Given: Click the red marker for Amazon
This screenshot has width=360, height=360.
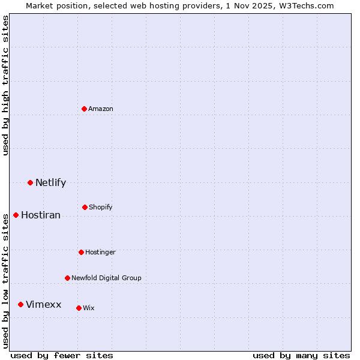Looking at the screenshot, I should click(x=85, y=109).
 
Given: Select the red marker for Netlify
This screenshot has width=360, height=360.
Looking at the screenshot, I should click(x=30, y=182).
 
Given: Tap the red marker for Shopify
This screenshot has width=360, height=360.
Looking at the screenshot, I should click(x=85, y=207).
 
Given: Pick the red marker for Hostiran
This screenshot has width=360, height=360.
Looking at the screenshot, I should click(x=16, y=215).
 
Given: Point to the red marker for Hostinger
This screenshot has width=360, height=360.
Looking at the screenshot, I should click(x=81, y=252).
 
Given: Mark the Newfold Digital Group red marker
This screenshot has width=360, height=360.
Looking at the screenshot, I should click(x=67, y=278).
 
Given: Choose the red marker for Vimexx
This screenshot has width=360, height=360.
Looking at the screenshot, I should click(x=20, y=304).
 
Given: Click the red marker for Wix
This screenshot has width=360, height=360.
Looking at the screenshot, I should click(x=79, y=308).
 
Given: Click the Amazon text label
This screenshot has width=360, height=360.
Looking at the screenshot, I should click(x=101, y=109).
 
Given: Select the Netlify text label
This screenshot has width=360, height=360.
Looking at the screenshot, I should click(x=50, y=183).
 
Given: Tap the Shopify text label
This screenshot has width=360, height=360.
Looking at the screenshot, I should click(x=101, y=208).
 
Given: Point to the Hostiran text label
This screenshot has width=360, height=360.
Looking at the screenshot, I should click(x=41, y=215).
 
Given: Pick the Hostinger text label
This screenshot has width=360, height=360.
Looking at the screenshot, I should click(x=100, y=253).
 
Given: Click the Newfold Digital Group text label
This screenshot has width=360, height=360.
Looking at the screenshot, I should click(x=106, y=278).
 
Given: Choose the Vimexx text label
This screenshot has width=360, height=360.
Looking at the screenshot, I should click(x=43, y=305).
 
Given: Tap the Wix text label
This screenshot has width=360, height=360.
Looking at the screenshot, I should click(x=89, y=308).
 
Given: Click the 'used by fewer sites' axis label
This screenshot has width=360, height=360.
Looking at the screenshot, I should click(x=62, y=355).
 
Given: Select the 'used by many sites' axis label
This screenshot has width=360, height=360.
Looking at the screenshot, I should click(x=301, y=355).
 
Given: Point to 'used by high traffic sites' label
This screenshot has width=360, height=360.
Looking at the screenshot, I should click(x=6, y=85).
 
